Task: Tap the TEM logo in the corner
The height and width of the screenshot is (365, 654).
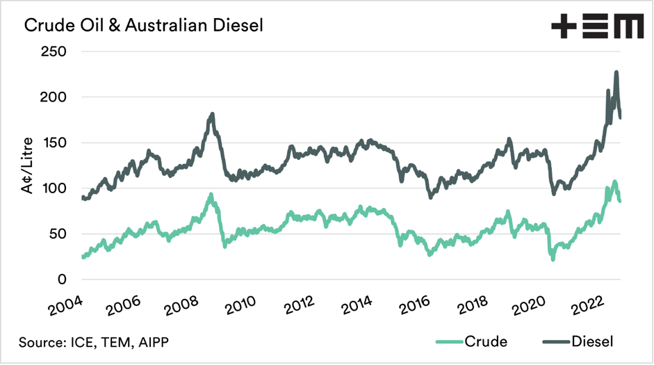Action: pyautogui.click(x=597, y=27)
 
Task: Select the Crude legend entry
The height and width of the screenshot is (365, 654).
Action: pyautogui.click(x=472, y=341)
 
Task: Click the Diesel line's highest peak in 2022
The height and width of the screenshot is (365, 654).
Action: pyautogui.click(x=616, y=72)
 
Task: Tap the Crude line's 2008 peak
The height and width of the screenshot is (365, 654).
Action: pyautogui.click(x=211, y=195)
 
